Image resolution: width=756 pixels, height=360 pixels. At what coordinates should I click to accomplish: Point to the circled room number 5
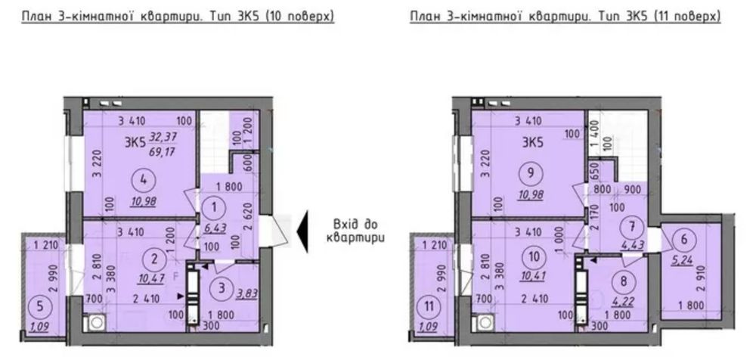pyautogui.click(x=38, y=306)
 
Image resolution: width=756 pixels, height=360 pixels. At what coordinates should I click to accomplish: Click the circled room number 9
pyautogui.click(x=531, y=174)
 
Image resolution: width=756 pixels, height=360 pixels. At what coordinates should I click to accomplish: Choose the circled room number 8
pyautogui.click(x=624, y=281)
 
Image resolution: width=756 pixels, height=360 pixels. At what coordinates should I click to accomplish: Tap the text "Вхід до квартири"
pyautogui.click(x=355, y=231)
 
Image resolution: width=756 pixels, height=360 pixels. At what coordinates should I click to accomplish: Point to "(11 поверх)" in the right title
pyautogui.click(x=687, y=17)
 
